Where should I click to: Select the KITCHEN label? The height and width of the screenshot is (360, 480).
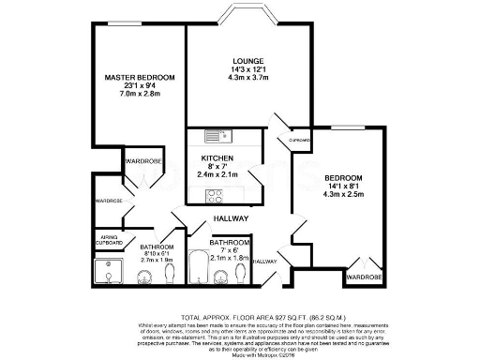click(x=217, y=157)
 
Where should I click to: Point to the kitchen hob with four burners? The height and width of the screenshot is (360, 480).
click(x=212, y=196)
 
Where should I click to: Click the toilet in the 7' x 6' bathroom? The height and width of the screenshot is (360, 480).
click(x=242, y=272)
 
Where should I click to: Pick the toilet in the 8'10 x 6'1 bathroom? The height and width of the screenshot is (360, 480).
click(x=169, y=274)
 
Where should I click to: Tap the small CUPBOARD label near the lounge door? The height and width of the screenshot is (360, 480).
click(x=300, y=141)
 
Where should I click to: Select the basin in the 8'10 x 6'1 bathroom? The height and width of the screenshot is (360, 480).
click(x=144, y=276)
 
